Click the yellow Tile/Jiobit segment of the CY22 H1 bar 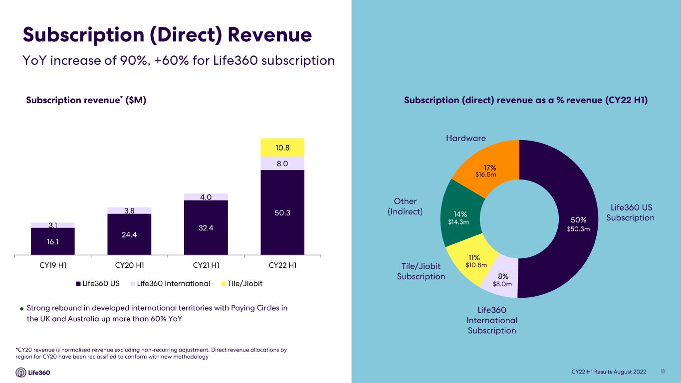(282, 148)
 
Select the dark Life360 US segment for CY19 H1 (53, 241)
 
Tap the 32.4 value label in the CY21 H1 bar (206, 228)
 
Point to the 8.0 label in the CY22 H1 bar (282, 164)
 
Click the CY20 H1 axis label (130, 265)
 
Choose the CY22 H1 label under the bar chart (282, 265)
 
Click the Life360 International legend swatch (133, 284)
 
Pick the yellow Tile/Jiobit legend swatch (224, 284)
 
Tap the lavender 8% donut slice (501, 278)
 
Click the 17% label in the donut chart (490, 168)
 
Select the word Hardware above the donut (466, 138)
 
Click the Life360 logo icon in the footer (20, 373)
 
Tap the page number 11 (663, 372)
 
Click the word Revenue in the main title (270, 34)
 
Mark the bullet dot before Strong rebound (21, 309)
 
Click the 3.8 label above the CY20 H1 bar (130, 210)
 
